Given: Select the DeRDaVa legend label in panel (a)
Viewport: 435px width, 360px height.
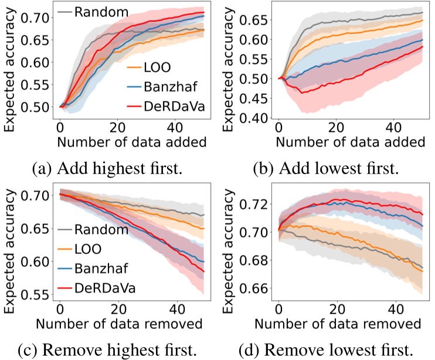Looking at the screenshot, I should click(x=168, y=107).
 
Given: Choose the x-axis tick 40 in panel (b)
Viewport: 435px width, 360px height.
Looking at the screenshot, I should click(x=392, y=127).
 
